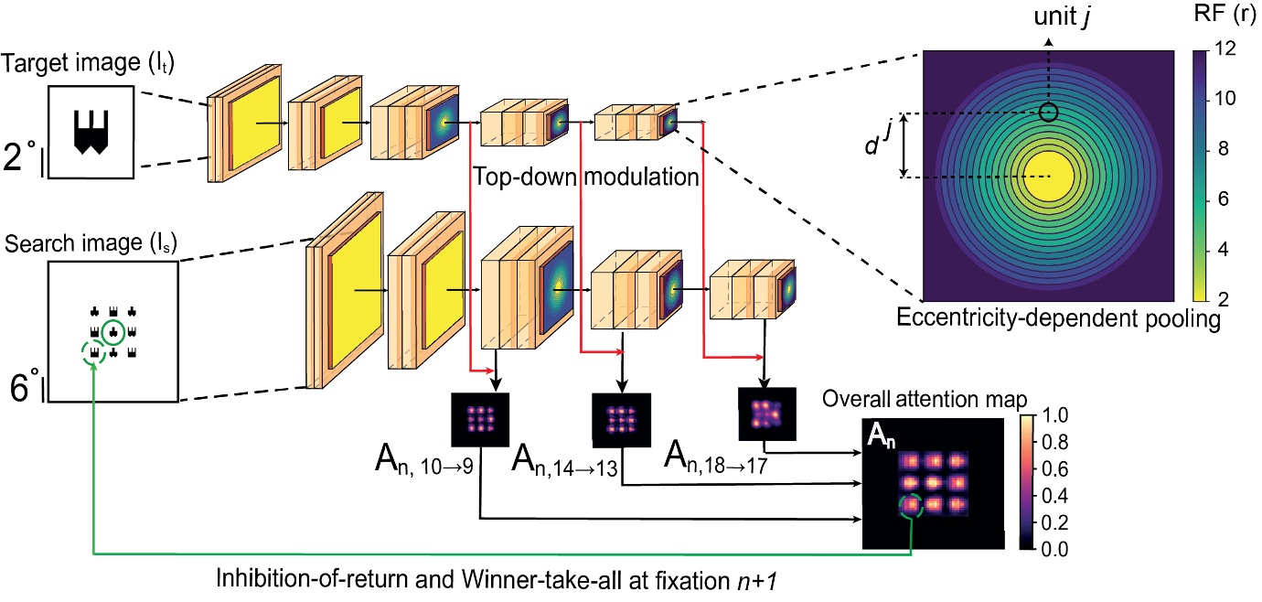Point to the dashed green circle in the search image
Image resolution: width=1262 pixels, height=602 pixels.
pyautogui.click(x=94, y=352)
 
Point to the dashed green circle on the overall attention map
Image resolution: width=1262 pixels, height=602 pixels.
pyautogui.click(x=910, y=508)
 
